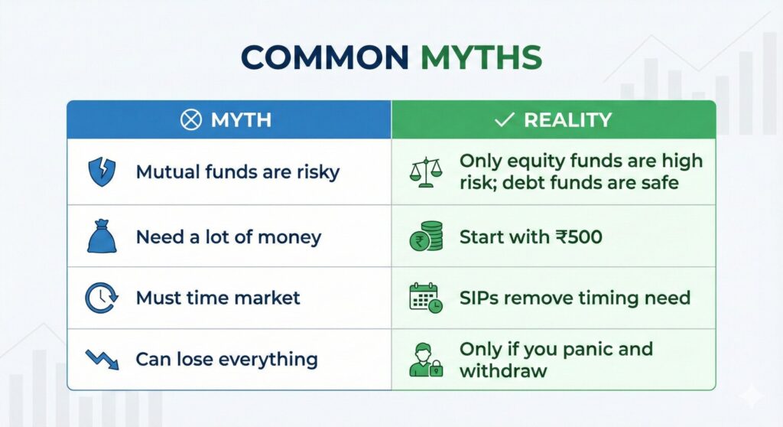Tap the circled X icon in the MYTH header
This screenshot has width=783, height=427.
click(190, 120)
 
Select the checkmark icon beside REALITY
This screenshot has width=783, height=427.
click(503, 120)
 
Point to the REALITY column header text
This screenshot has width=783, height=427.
click(567, 120)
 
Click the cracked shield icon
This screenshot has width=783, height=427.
click(102, 171)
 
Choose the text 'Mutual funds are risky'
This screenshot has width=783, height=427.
click(237, 172)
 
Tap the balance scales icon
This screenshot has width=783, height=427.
click(425, 172)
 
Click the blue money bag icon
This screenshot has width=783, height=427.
click(102, 237)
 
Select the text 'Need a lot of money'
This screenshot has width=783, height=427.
click(229, 237)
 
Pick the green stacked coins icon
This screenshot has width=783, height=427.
click(426, 237)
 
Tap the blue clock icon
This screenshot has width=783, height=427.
click(101, 298)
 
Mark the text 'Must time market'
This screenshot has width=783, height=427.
click(218, 298)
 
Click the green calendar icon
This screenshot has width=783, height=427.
click(425, 298)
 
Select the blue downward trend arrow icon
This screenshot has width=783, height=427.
click(102, 359)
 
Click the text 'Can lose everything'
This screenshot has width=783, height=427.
click(226, 359)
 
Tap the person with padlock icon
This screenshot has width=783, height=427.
click(425, 360)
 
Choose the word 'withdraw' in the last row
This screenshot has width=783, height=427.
click(503, 371)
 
